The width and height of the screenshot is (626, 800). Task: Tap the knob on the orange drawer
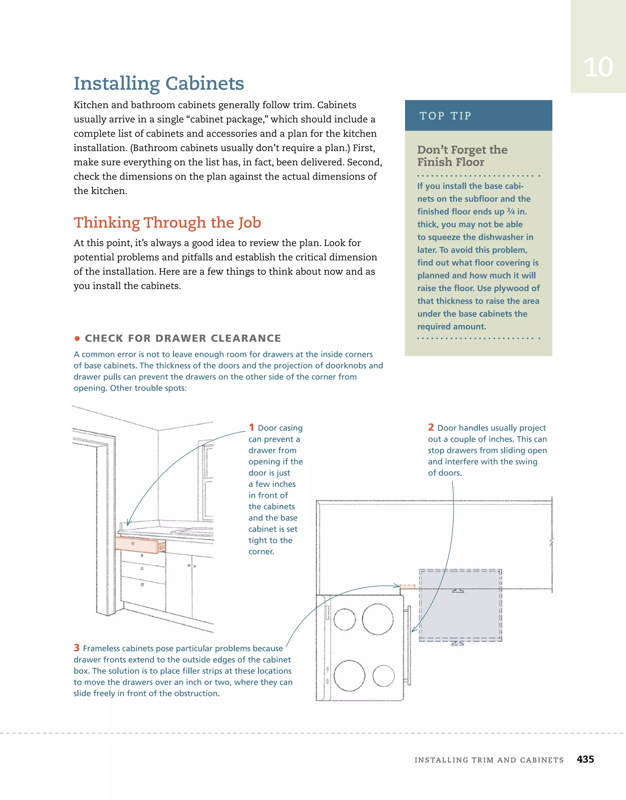[x=133, y=544]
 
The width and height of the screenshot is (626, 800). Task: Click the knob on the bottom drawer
[x=142, y=585]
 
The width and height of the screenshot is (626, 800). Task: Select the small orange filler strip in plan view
[x=407, y=587]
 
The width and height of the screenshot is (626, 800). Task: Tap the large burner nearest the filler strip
[x=378, y=619]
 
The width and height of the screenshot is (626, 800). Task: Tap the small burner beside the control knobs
[x=345, y=620]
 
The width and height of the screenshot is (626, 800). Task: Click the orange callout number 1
[x=252, y=427]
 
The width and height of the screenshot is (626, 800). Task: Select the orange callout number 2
[x=431, y=427]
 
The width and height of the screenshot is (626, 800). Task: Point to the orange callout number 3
[x=76, y=648]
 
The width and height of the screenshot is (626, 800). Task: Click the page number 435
[x=585, y=759]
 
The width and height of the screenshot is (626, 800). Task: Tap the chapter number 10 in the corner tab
[x=598, y=67]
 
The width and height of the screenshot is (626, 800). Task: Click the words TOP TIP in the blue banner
[x=445, y=116]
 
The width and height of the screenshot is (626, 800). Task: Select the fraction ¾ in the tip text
[x=510, y=211]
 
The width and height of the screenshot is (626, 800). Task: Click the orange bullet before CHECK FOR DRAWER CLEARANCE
[x=77, y=338]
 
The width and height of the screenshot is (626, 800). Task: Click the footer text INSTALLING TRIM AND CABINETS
[x=489, y=760]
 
